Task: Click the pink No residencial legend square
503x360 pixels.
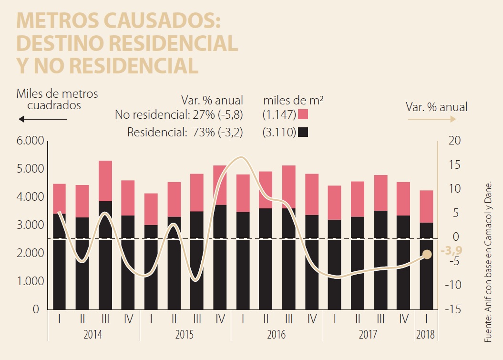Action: pyautogui.click(x=303, y=114)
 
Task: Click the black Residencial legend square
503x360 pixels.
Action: pyautogui.click(x=303, y=132)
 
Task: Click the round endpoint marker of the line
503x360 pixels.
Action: pyautogui.click(x=427, y=255)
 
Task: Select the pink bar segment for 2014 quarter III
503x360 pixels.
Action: pyautogui.click(x=105, y=181)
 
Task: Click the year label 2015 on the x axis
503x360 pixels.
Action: pyautogui.click(x=185, y=334)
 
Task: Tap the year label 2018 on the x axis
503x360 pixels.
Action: pyautogui.click(x=426, y=334)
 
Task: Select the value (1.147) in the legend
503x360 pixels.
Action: pyautogui.click(x=278, y=114)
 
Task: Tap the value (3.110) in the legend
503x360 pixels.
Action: pyautogui.click(x=278, y=132)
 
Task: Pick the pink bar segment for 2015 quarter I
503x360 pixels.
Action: pyautogui.click(x=151, y=209)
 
